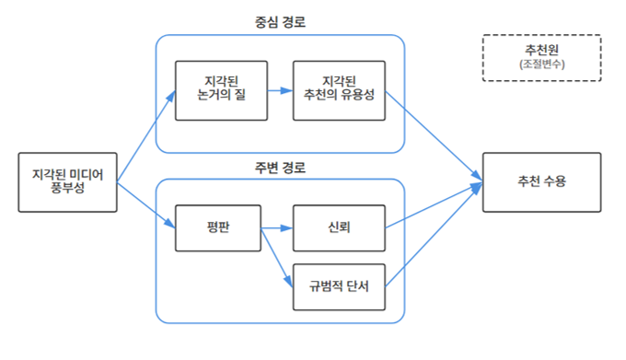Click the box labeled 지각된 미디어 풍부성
coord(69,182)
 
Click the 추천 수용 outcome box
coord(541,182)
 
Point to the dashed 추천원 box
coord(541,57)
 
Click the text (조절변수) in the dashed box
coord(541,65)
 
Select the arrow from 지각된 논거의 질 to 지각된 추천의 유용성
coord(279,91)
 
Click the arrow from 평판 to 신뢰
coord(277,227)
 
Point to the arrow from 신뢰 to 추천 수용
coord(433,205)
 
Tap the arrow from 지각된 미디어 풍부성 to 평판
coord(145,204)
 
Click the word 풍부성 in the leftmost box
coord(69,191)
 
